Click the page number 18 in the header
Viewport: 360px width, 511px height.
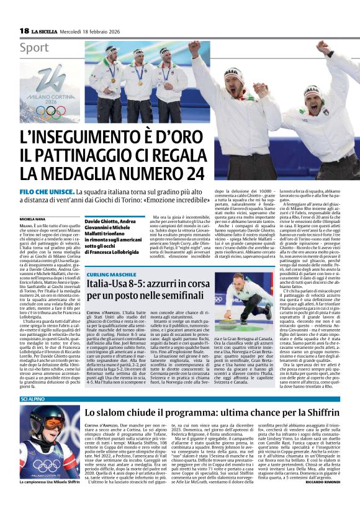[x=24, y=30]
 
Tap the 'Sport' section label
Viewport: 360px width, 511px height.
[x=34, y=47]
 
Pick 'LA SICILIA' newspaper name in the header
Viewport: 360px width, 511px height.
[x=44, y=31]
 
